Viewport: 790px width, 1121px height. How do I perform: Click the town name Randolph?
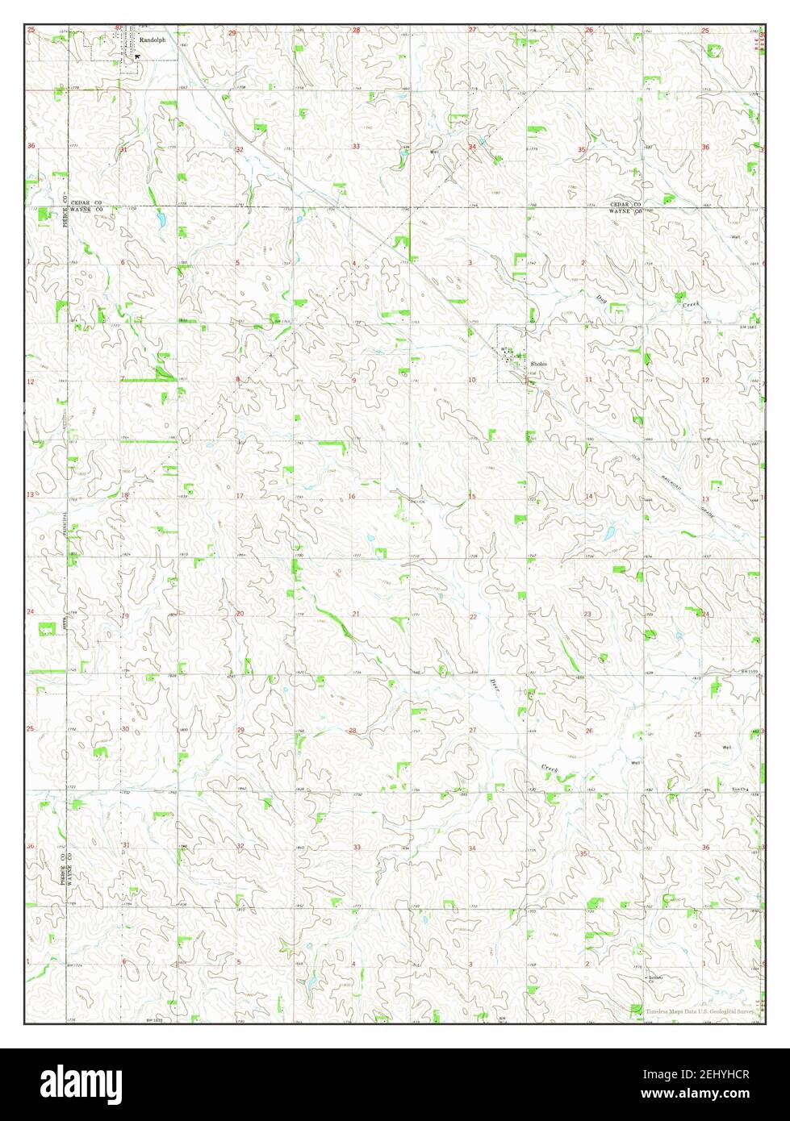coord(152,38)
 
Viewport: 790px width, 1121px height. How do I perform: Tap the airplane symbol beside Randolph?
coord(137,56)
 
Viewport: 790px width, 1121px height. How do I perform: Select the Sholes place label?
coord(538,364)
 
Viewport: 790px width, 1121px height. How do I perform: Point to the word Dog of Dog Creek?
coord(600,298)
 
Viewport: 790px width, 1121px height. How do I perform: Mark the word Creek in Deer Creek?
coord(550,770)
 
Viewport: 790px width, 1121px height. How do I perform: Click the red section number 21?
coord(356,615)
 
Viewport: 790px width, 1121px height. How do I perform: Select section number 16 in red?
coord(353,496)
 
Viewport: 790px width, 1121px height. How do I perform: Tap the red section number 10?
coord(472,379)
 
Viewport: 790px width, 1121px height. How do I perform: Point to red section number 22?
coord(473,617)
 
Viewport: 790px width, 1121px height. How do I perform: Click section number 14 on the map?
coord(589,496)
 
